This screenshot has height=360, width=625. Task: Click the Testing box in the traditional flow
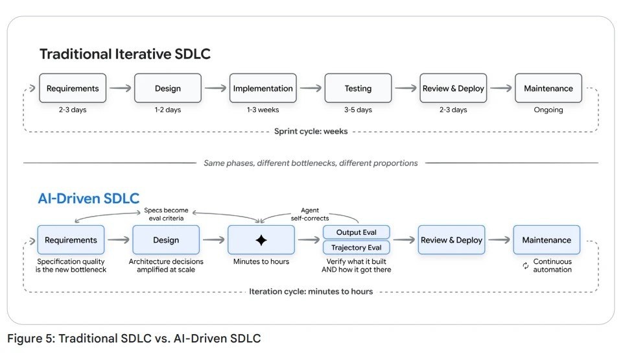coord(358,88)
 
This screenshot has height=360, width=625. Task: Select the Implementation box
coord(263,88)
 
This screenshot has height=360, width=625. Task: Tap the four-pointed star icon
coord(261,240)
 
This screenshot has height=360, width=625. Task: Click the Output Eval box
coord(357,232)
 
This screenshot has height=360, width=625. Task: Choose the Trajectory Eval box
coord(357,248)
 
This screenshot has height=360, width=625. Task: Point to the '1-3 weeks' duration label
coord(263,110)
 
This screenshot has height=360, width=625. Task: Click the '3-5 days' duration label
coord(358,110)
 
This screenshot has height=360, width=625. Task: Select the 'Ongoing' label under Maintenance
coord(548,110)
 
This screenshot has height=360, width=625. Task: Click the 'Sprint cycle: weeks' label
coord(311,131)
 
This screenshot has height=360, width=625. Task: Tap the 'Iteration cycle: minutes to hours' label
coord(311,291)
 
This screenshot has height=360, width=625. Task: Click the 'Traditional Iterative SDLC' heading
coord(125,54)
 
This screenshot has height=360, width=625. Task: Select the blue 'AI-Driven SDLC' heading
coord(88,198)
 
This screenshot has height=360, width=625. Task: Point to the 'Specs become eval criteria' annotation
coord(166,214)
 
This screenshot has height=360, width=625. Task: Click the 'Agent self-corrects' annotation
coord(310,214)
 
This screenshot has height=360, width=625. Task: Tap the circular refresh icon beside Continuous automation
coord(526,265)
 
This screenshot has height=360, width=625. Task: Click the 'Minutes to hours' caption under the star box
coord(261,261)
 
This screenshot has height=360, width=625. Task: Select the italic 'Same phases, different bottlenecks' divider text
coord(311,163)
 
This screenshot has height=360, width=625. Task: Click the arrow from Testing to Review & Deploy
coord(406,88)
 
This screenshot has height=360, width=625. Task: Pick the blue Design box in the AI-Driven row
coord(166,240)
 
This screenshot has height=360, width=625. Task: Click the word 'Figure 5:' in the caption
coord(31,339)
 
